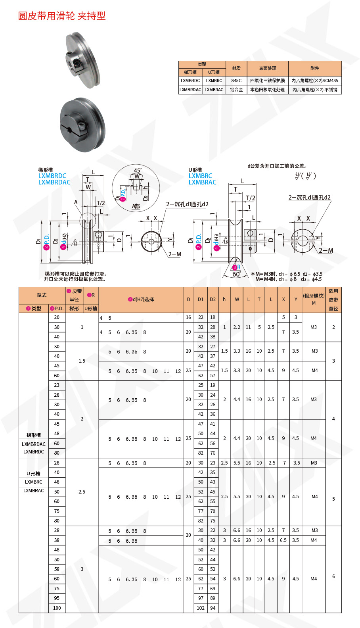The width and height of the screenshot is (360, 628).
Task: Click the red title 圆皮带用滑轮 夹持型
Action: [62, 16]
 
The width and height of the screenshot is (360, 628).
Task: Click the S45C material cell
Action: [236, 81]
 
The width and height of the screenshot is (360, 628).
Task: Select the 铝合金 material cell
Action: [236, 90]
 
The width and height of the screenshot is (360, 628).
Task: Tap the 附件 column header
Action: [315, 68]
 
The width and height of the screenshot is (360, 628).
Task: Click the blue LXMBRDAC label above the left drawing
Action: [54, 182]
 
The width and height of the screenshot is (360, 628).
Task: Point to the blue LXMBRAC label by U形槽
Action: [202, 182]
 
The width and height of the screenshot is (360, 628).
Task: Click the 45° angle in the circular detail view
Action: [137, 171]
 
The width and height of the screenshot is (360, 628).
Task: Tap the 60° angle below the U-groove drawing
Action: [236, 274]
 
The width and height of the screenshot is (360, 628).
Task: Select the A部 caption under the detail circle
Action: [136, 206]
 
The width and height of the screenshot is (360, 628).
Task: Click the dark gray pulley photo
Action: [82, 125]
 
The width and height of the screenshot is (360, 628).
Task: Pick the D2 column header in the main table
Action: [213, 300]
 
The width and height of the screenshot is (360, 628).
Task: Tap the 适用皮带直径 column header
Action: [333, 300]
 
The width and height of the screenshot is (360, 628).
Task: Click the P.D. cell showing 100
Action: [57, 608]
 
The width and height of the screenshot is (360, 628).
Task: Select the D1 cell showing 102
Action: [201, 608]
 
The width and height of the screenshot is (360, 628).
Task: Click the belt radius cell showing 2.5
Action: [82, 492]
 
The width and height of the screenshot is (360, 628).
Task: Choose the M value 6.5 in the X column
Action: [283, 540]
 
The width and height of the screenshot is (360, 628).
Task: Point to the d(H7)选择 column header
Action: [141, 300]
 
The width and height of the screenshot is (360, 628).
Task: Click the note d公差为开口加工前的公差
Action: [277, 166]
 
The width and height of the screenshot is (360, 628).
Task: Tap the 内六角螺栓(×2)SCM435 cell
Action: [315, 81]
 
